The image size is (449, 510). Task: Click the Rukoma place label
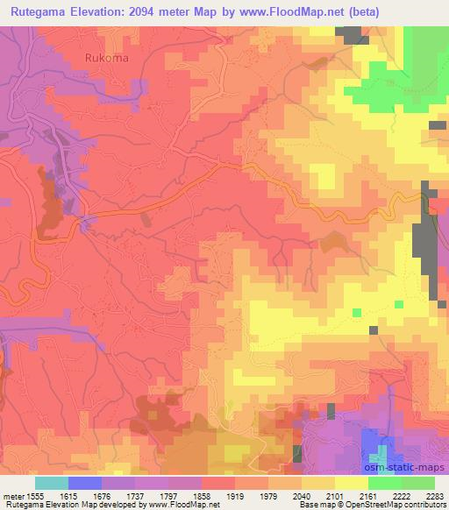(107, 59)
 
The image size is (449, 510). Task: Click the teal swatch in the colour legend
(51, 483)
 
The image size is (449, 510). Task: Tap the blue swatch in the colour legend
(84, 483)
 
